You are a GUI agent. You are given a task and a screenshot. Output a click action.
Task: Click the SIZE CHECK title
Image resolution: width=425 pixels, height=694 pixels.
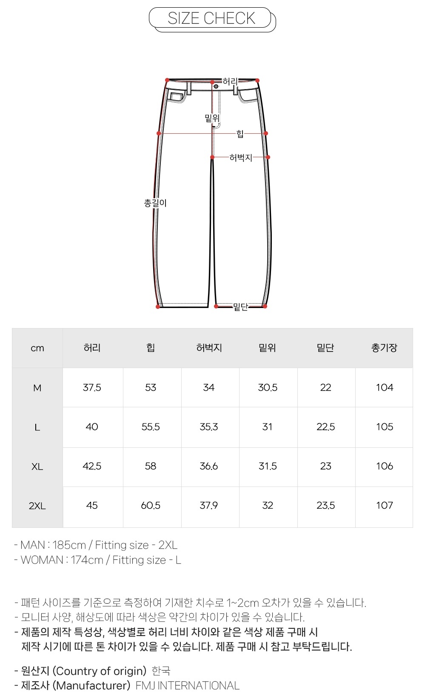211,18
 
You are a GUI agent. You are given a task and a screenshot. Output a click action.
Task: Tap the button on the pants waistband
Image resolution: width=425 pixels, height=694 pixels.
216,86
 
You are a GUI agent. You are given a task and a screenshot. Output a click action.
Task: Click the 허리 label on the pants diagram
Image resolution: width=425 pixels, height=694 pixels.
230,81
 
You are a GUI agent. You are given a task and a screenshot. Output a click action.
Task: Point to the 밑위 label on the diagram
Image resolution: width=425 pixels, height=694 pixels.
212,118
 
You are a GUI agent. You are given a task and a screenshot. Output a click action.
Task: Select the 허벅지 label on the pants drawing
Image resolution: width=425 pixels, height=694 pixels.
241,158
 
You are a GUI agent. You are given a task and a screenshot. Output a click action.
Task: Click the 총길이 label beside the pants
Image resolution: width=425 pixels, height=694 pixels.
155,203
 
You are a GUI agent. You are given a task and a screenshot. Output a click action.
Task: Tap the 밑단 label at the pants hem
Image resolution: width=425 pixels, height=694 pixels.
240,307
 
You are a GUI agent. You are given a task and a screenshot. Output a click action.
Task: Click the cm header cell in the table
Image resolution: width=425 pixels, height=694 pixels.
37,348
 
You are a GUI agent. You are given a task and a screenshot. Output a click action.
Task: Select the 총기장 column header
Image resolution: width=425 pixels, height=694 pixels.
384,348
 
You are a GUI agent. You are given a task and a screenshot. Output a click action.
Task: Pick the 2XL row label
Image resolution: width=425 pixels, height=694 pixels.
37,506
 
